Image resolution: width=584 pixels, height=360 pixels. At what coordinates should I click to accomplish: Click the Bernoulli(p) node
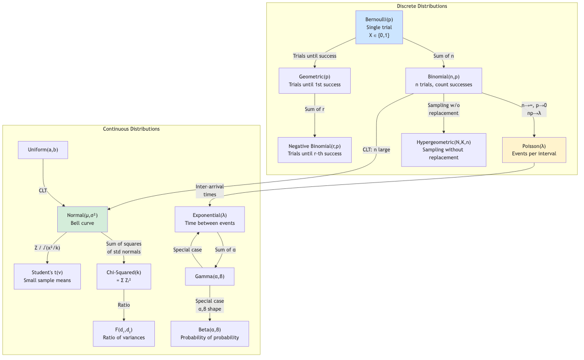tap(379, 27)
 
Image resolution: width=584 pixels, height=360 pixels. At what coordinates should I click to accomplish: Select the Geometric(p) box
tap(314, 80)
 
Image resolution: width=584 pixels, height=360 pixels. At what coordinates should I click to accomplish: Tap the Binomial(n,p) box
tap(443, 80)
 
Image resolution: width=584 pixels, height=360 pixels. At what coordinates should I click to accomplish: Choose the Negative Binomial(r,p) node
tap(314, 150)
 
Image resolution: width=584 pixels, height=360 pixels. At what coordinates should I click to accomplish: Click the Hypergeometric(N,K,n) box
tap(443, 150)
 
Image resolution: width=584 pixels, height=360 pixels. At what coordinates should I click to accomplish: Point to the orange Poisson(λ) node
tap(534, 150)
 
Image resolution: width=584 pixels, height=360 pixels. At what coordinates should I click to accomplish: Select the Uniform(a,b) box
tap(43, 150)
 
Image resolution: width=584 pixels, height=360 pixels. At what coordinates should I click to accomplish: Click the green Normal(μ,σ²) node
tap(82, 219)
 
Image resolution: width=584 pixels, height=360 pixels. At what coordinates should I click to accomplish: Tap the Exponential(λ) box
tap(210, 219)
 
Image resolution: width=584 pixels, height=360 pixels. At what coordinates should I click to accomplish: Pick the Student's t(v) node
tap(47, 277)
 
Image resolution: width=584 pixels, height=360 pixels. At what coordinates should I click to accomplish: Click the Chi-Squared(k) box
tap(124, 277)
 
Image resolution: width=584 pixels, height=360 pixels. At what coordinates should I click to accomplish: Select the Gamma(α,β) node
tap(210, 277)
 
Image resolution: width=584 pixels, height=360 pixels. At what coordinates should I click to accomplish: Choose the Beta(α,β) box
tap(210, 334)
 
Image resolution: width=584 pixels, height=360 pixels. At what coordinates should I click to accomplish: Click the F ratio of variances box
tap(124, 334)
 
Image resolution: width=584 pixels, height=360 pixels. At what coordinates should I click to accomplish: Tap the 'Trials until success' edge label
tap(314, 56)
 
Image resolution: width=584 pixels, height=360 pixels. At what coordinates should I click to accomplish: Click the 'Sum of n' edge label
tap(443, 56)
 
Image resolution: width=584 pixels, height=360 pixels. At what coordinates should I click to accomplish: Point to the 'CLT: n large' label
tap(376, 150)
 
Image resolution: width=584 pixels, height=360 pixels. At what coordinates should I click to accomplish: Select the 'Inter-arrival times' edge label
tap(210, 190)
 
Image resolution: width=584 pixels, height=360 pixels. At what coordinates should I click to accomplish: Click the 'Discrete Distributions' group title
tap(422, 6)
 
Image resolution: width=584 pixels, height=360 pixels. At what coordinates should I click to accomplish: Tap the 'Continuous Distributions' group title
tap(131, 129)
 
